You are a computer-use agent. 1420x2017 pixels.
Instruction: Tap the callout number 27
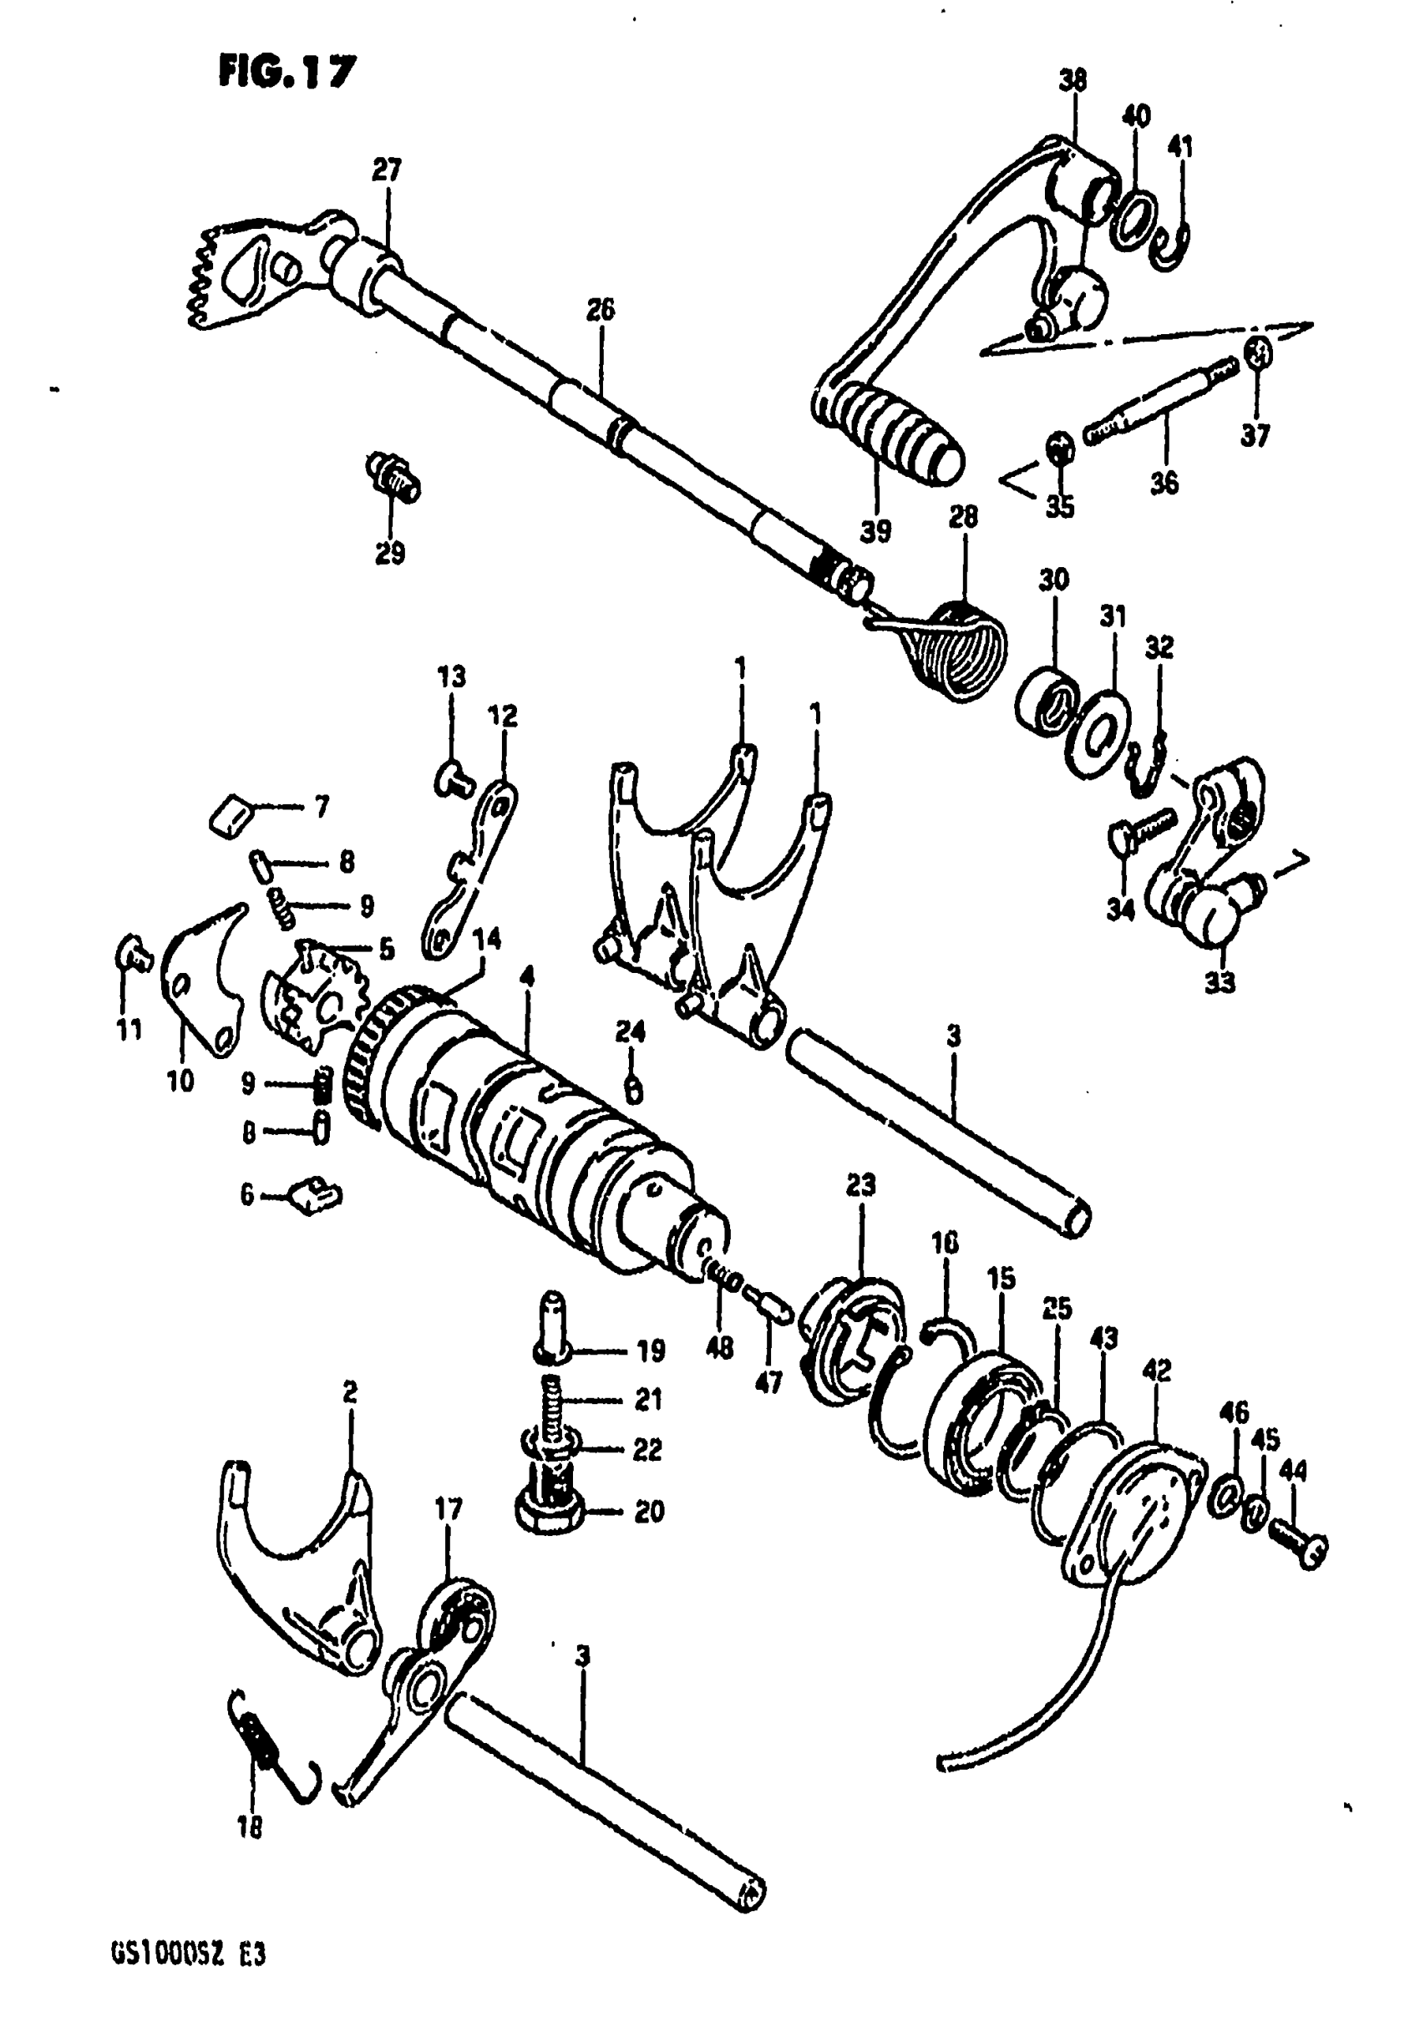pyautogui.click(x=387, y=170)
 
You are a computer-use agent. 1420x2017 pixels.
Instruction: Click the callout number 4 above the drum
pyautogui.click(x=527, y=978)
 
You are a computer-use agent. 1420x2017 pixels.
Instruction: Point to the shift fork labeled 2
pyautogui.click(x=299, y=1559)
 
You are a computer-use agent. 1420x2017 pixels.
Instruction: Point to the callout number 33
pyautogui.click(x=1220, y=983)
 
